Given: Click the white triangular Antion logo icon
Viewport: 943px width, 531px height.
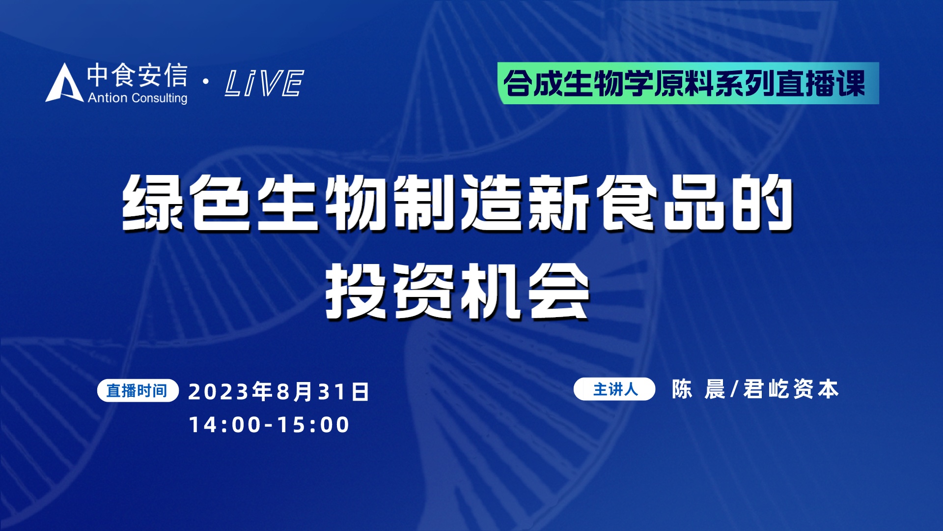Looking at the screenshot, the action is (x=64, y=84).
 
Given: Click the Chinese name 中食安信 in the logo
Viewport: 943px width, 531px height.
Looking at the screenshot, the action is (x=138, y=75).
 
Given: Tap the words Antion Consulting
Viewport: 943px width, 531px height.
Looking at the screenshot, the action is (x=138, y=98).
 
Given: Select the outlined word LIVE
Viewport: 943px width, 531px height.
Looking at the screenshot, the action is (x=264, y=83).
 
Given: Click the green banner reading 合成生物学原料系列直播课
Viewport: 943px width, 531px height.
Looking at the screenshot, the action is (x=688, y=83).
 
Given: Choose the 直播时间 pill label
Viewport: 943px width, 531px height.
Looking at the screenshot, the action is (x=138, y=391).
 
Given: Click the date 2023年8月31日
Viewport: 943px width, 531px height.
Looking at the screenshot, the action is (x=278, y=392).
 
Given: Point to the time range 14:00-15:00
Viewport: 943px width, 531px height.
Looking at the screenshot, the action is (x=269, y=425).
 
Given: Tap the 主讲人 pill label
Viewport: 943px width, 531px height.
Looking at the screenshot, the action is (x=614, y=389).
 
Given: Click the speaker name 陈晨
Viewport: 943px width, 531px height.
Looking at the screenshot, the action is (x=698, y=389).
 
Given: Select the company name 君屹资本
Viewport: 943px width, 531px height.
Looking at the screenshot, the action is (x=791, y=389).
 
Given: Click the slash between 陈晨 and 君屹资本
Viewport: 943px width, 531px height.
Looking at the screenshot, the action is (x=734, y=389).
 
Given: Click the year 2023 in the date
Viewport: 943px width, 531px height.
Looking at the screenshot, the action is (x=219, y=392).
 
